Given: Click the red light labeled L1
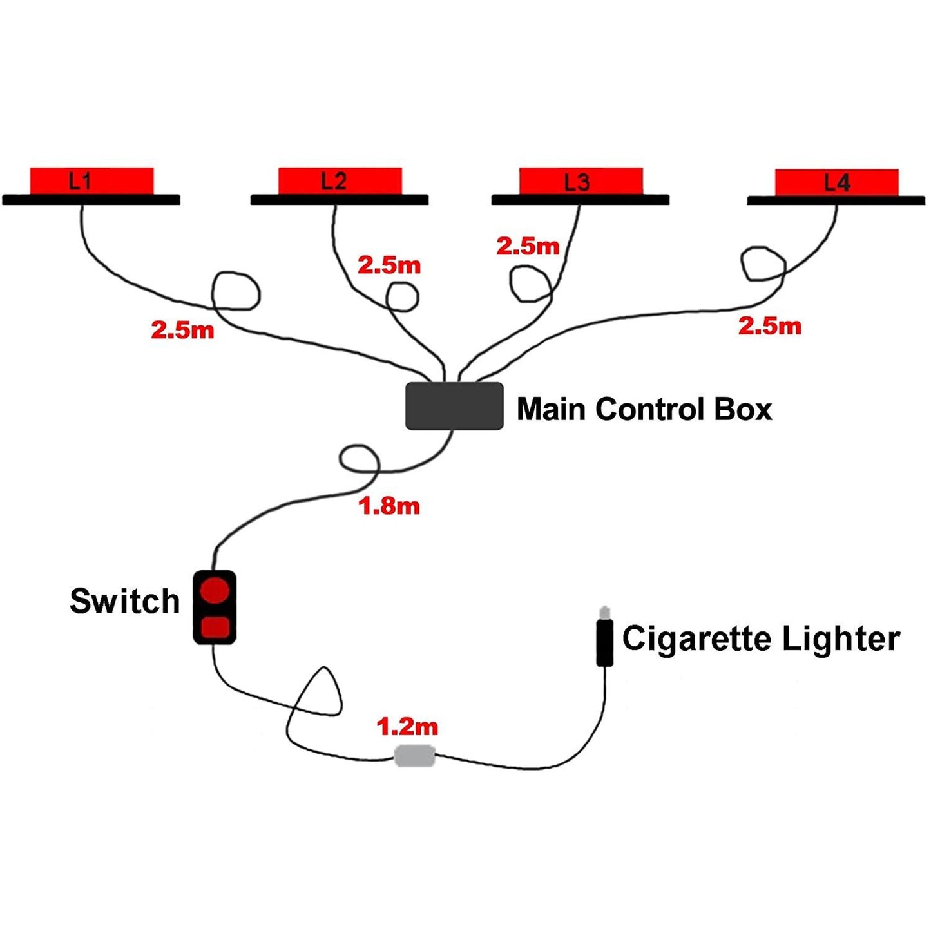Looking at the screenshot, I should click(x=91, y=180).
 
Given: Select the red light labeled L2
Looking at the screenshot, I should click(x=340, y=180).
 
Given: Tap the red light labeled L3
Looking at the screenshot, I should click(x=581, y=181).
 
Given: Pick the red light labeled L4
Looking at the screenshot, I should click(x=836, y=182).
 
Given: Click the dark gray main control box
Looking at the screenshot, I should click(x=454, y=406).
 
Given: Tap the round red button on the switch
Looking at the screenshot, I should click(x=214, y=590).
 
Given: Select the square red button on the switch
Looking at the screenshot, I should click(x=215, y=626).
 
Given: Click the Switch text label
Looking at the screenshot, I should click(x=124, y=601).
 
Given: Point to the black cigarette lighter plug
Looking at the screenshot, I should click(x=604, y=642).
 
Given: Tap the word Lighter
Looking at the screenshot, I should click(x=841, y=638).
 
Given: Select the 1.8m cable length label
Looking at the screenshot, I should click(x=389, y=506).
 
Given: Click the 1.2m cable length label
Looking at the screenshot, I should click(x=407, y=727).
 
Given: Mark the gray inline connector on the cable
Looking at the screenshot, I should click(x=414, y=756).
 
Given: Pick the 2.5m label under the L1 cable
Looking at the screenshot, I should click(x=182, y=330).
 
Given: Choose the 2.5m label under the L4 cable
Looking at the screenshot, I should click(x=769, y=326).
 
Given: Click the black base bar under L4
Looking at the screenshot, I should click(x=836, y=201).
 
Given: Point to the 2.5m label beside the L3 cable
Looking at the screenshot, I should click(x=528, y=246).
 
